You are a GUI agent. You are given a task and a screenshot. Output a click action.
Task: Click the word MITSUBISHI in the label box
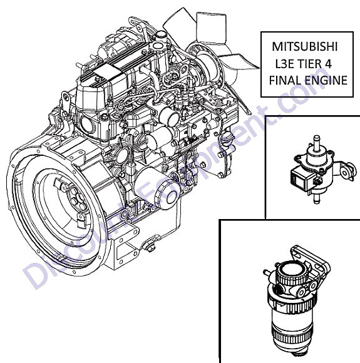point(304,46)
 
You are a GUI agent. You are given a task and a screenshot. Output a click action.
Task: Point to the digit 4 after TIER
point(328,64)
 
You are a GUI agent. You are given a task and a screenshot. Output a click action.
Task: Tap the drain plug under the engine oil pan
point(149,246)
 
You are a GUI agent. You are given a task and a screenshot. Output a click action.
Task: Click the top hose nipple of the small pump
point(317,141)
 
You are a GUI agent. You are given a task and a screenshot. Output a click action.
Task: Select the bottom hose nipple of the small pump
point(317,198)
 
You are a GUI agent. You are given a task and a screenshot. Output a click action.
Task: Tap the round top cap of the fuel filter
point(290,272)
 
